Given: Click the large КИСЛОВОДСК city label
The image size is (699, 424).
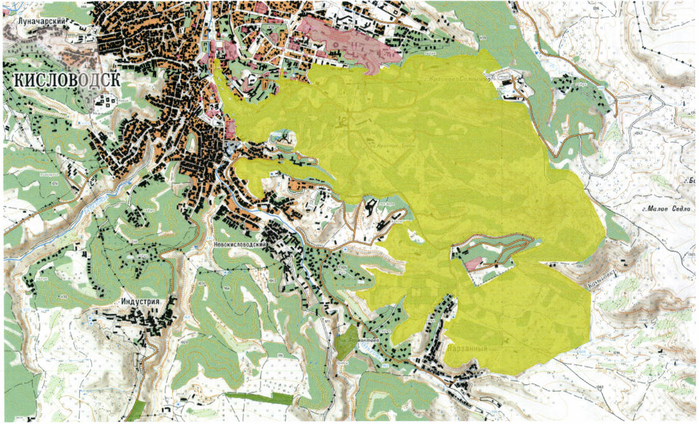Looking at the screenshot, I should point(65,80).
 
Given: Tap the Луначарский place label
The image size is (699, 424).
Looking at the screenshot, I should point(45,21).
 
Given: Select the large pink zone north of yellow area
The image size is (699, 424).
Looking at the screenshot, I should point(346,39).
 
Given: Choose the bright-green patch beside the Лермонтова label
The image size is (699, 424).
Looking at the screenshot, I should point(347,336).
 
